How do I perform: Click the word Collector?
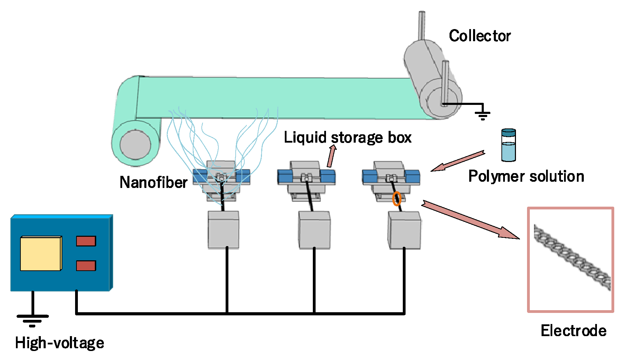(x=480, y=36)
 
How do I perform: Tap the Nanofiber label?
(x=153, y=182)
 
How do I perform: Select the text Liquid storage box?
(x=347, y=137)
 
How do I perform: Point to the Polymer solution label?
(x=526, y=176)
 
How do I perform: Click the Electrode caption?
(x=573, y=331)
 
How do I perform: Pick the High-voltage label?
(x=60, y=343)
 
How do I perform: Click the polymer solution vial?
(x=508, y=145)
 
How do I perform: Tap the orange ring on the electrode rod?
(x=397, y=199)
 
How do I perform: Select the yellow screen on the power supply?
(x=41, y=253)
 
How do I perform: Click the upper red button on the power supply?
(x=86, y=241)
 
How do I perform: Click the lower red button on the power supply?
(x=86, y=266)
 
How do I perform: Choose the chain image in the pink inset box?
(x=572, y=257)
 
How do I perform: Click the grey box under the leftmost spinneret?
(x=223, y=230)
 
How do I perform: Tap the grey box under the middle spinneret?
(x=314, y=230)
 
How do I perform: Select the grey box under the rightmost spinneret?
(x=404, y=230)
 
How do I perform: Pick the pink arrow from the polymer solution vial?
(x=457, y=161)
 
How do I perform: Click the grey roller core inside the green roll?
(x=135, y=144)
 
